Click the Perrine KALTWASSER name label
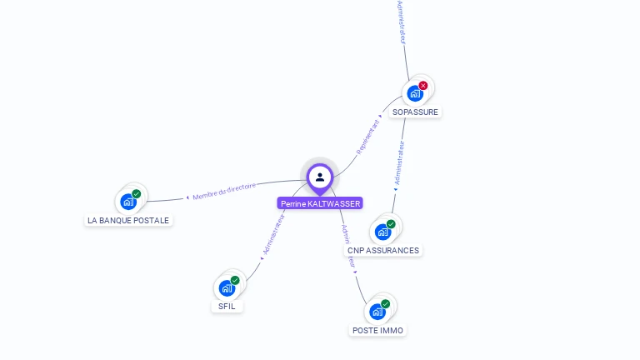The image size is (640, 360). (x=320, y=203)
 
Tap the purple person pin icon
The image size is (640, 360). (x=320, y=177)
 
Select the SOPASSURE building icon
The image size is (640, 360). (x=415, y=92)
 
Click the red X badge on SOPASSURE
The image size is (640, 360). (x=423, y=85)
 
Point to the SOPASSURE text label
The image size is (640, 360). (x=415, y=112)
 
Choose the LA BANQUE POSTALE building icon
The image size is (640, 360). (x=128, y=201)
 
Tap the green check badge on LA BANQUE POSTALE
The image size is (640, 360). (x=137, y=194)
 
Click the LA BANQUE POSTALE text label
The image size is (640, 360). (x=128, y=221)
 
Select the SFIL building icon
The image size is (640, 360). (x=227, y=287)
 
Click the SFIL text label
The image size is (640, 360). (x=227, y=307)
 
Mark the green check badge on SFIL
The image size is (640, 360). (x=235, y=280)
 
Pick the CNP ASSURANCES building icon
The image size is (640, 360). (x=382, y=231)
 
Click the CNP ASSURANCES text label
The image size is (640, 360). (x=383, y=250)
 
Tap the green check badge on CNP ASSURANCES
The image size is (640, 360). (x=391, y=224)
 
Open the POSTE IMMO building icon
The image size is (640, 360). (x=377, y=311)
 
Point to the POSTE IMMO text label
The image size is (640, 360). (x=377, y=330)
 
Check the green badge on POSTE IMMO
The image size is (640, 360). (x=385, y=304)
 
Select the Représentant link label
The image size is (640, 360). (x=368, y=136)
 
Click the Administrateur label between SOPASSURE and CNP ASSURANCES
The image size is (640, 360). (x=400, y=162)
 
